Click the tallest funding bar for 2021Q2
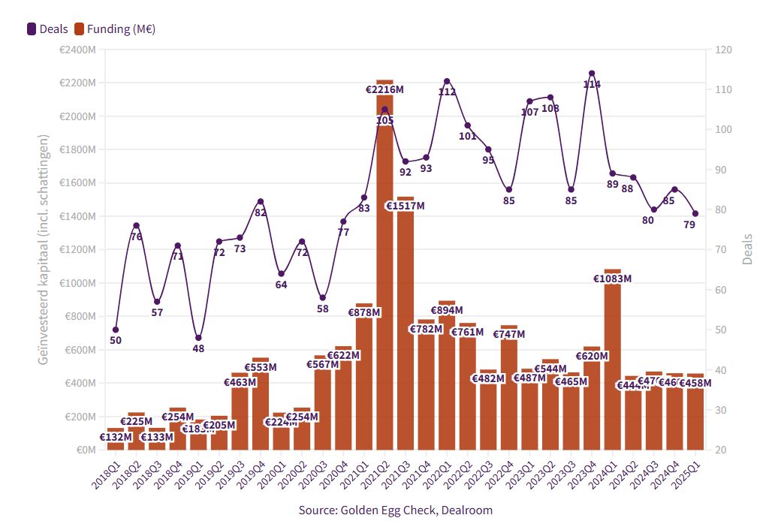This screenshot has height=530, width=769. point(384,285)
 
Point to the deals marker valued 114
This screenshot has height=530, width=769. point(592,74)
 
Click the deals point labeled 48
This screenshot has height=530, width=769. point(198,338)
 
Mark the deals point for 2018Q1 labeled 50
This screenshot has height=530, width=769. point(116,330)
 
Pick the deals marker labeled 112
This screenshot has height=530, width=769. point(447,81)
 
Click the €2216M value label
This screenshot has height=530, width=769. point(384,89)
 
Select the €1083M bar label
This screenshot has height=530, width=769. point(612,279)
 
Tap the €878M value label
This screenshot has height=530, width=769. point(364,312)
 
